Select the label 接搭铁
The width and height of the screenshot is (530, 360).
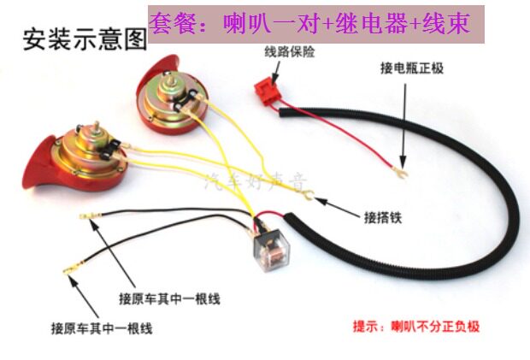382,216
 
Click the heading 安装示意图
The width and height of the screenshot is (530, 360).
85,39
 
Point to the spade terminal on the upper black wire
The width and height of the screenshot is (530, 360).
85,216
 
